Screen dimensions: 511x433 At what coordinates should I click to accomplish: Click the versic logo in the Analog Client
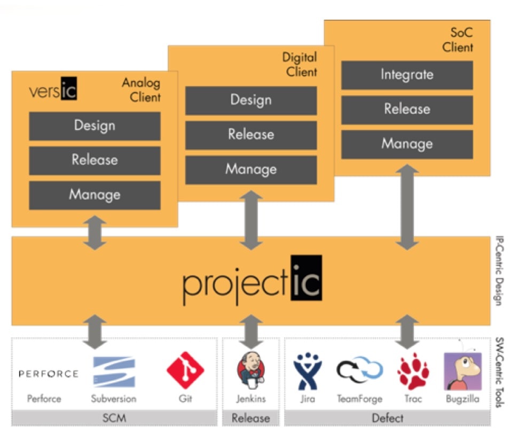point(53,88)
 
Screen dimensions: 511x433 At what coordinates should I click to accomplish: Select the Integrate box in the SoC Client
point(407,75)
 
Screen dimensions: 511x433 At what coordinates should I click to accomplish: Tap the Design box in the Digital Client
point(251,100)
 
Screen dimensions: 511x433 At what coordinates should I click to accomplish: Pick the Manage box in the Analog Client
point(95,195)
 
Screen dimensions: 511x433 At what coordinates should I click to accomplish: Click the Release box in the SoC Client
point(407,110)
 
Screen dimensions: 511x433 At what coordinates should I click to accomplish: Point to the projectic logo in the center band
point(252,280)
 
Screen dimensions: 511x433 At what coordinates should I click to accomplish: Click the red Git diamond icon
point(185,370)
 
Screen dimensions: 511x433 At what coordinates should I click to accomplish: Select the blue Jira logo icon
point(308,371)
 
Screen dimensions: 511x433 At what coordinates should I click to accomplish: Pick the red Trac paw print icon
point(413,372)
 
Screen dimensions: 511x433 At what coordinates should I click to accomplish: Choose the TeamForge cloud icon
point(359,370)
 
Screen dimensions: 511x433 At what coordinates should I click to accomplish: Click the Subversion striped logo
point(114,372)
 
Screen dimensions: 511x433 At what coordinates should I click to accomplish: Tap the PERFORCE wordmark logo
point(49,374)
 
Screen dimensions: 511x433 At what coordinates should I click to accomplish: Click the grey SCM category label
point(114,418)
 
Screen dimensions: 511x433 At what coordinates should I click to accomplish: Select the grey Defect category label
point(388,418)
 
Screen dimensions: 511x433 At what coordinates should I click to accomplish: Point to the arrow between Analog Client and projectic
point(95,233)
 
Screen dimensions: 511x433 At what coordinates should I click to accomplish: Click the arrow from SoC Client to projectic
point(407,207)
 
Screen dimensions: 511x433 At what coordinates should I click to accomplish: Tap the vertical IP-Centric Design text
point(499,270)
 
